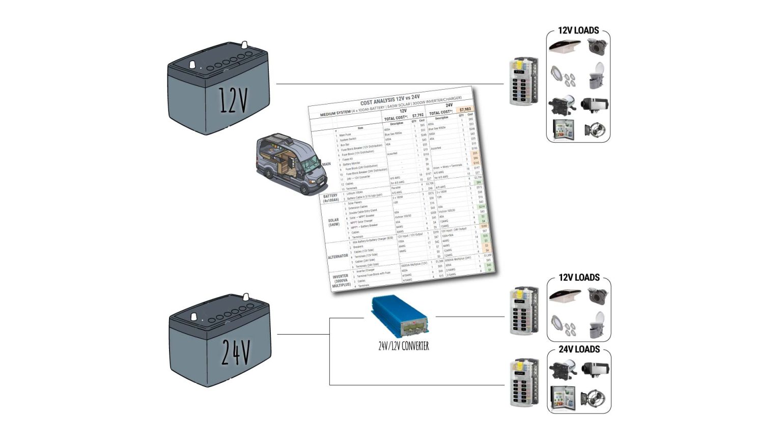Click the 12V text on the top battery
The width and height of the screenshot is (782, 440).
tap(233, 100)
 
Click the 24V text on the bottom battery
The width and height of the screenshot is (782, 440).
tap(235, 352)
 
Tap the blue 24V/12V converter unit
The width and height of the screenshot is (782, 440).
tap(400, 316)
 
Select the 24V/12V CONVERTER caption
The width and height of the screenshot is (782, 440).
tap(403, 346)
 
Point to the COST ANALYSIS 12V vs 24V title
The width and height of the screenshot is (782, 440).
tap(389, 99)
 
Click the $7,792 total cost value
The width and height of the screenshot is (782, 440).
tap(417, 116)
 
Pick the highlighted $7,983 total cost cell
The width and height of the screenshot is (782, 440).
tap(465, 109)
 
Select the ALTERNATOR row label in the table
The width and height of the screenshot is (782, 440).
tap(338, 257)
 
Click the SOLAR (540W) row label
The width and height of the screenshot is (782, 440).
tap(333, 223)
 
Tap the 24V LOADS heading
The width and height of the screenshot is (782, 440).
tap(579, 349)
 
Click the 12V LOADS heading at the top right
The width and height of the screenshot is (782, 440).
tap(578, 31)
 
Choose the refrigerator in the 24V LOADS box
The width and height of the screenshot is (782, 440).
tap(563, 397)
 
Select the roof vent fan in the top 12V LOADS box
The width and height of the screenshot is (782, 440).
tap(564, 46)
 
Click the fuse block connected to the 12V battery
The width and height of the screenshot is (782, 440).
tap(524, 81)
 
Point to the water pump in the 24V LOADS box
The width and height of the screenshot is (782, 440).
tap(563, 369)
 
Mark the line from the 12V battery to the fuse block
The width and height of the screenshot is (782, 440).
tap(389, 84)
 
